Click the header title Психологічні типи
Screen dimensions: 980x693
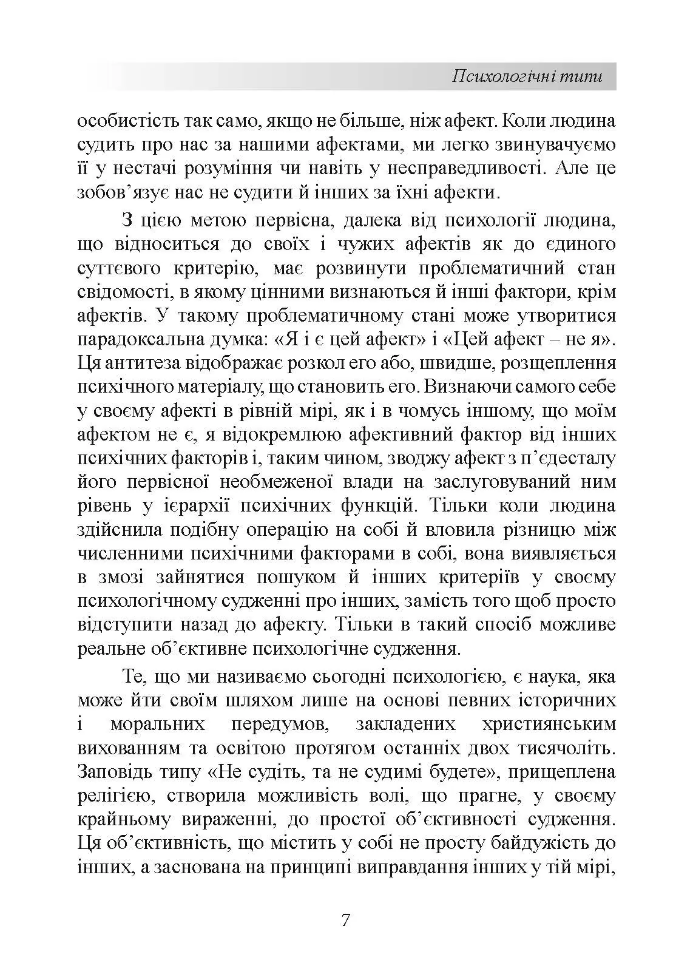[527, 77]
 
